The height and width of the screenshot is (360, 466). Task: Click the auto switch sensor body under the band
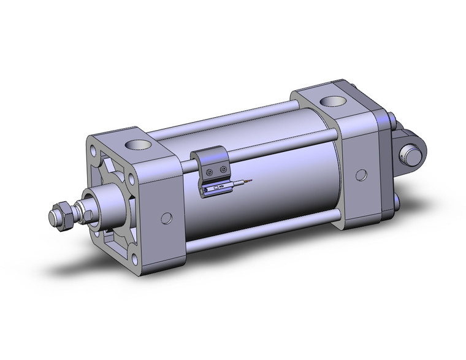point(216,188)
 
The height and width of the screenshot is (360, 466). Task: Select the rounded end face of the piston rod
point(52,216)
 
